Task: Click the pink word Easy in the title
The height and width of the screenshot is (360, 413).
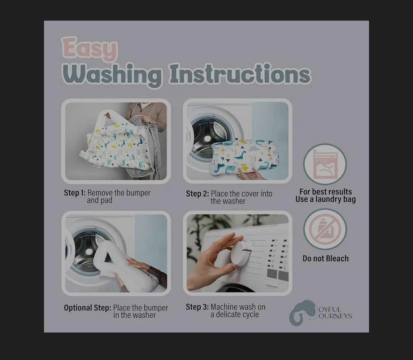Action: [89, 49]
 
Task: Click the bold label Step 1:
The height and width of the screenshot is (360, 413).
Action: [74, 193]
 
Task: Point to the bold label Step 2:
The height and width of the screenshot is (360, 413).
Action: [197, 194]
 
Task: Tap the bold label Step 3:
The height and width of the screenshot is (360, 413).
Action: [197, 307]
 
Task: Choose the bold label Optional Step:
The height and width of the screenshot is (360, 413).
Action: [87, 308]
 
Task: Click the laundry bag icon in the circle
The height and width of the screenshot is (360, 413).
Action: [325, 164]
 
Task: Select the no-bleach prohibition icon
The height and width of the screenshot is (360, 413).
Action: [325, 228]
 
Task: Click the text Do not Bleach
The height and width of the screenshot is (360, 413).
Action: [326, 258]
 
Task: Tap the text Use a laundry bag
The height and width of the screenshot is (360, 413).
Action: [326, 200]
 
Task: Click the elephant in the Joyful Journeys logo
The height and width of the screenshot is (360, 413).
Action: [302, 313]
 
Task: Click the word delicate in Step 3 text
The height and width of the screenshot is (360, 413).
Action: [231, 314]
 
